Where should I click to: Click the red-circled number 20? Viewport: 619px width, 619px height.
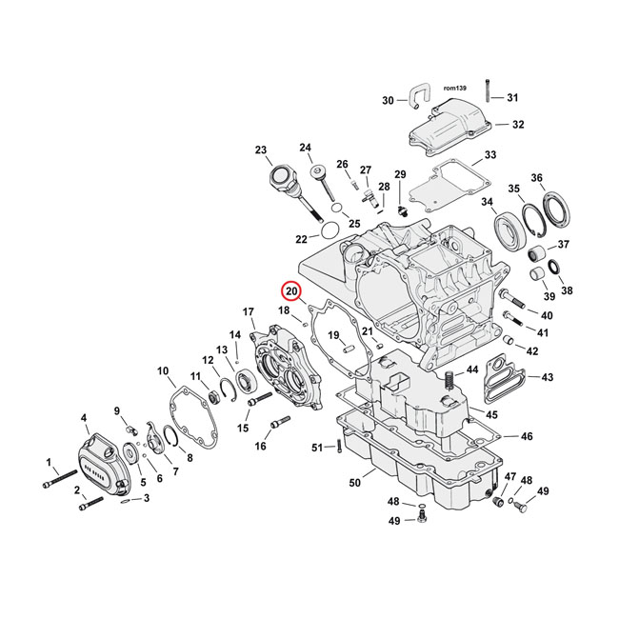click(291, 291)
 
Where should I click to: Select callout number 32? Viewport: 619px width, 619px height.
click(517, 125)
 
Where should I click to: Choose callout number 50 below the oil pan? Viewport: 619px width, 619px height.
click(355, 484)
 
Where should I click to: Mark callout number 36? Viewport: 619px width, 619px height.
click(564, 179)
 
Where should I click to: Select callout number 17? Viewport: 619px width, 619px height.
click(249, 312)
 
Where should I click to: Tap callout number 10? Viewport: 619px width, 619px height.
click(163, 370)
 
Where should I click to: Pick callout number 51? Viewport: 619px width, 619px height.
click(317, 448)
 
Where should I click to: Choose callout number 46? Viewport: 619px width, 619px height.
click(527, 436)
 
